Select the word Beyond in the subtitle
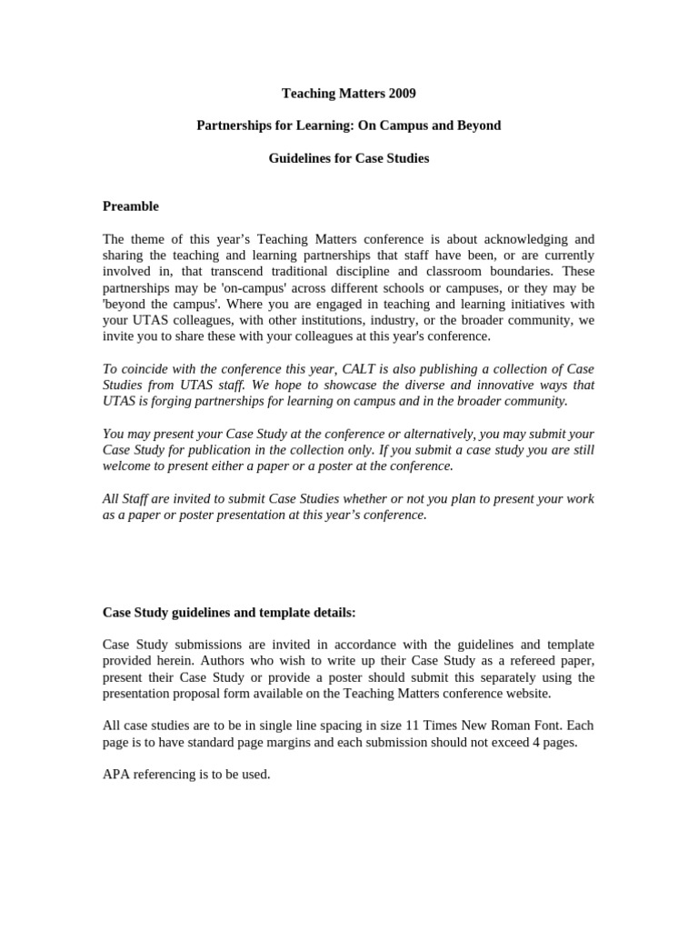pos(478,125)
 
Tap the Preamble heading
pos(131,206)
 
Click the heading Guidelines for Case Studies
pos(348,158)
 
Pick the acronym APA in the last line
pos(117,776)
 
